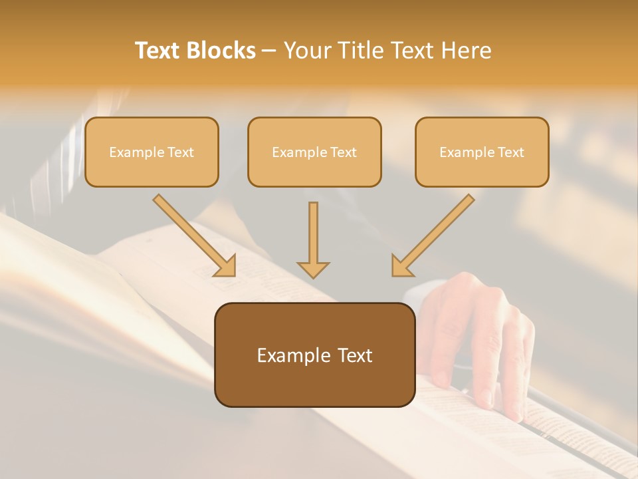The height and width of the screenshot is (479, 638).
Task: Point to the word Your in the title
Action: click(x=307, y=51)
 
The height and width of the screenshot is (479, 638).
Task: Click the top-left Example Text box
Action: click(x=152, y=152)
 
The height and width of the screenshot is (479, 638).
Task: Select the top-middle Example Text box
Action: click(x=314, y=152)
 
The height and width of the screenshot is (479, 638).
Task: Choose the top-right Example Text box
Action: click(x=482, y=152)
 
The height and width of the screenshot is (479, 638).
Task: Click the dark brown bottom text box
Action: click(x=314, y=355)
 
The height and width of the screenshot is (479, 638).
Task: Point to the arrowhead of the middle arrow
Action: click(x=313, y=269)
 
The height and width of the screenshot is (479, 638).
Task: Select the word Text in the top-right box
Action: click(x=511, y=152)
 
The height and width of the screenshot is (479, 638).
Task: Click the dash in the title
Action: click(x=269, y=51)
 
